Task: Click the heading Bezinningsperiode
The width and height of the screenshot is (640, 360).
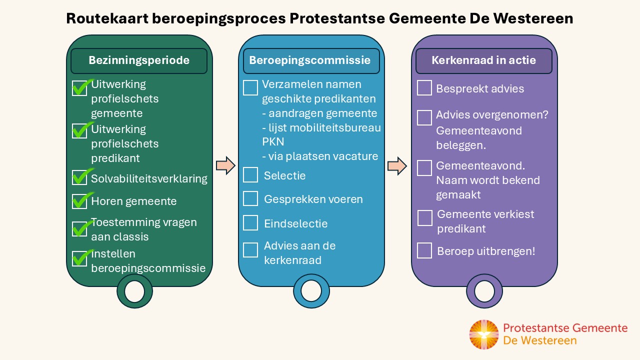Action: pyautogui.click(x=139, y=60)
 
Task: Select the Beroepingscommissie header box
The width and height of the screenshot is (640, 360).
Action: pyautogui.click(x=310, y=60)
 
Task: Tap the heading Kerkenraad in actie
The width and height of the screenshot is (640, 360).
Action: pyautogui.click(x=483, y=60)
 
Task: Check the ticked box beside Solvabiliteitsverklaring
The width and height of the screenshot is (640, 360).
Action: pyautogui.click(x=79, y=177)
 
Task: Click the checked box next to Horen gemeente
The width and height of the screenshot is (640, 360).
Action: pyautogui.click(x=79, y=201)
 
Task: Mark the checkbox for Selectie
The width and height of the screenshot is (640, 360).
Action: pyautogui.click(x=250, y=175)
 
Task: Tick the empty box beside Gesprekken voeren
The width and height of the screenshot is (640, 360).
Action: pyautogui.click(x=250, y=198)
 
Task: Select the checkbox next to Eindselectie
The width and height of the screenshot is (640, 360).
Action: pyautogui.click(x=250, y=223)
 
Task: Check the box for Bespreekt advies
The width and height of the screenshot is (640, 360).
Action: pyautogui.click(x=424, y=88)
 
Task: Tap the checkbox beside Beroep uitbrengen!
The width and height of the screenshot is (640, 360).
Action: pyautogui.click(x=424, y=250)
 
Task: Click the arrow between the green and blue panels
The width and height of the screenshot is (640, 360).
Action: pyautogui.click(x=225, y=165)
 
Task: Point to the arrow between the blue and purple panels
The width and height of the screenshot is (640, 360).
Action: pyautogui.click(x=397, y=166)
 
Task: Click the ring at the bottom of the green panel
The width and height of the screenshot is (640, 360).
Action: pyautogui.click(x=134, y=291)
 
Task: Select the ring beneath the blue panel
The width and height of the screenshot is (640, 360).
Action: pyautogui.click(x=311, y=291)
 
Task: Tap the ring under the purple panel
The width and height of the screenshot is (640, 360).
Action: pyautogui.click(x=484, y=291)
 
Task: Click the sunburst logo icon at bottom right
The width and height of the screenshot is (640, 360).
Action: pyautogui.click(x=484, y=334)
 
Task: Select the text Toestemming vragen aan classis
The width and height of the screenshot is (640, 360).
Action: pyautogui.click(x=144, y=229)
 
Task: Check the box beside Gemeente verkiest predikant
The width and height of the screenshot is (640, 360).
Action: pyautogui.click(x=425, y=218)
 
